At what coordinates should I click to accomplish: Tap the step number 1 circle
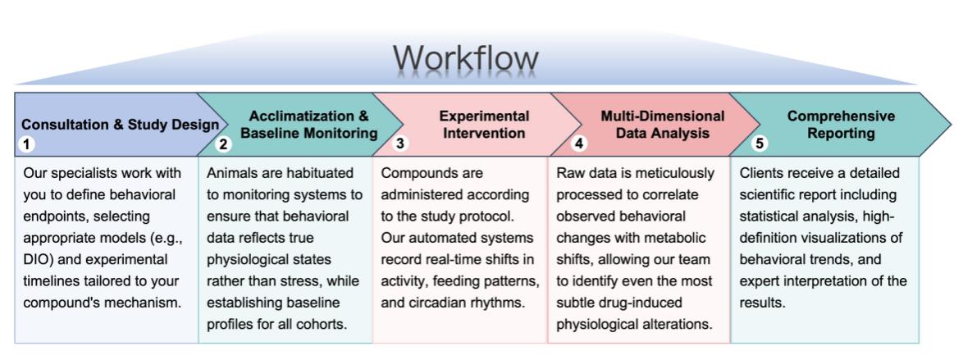click(x=26, y=144)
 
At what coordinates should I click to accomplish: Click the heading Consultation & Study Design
click(x=120, y=125)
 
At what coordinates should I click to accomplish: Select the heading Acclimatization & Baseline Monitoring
click(x=308, y=125)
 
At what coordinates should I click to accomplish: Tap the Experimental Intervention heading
click(x=484, y=125)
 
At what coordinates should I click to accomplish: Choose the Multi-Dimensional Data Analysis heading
click(x=662, y=125)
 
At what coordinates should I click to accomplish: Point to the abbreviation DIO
click(x=37, y=259)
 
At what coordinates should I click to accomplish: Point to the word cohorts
click(x=322, y=323)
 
